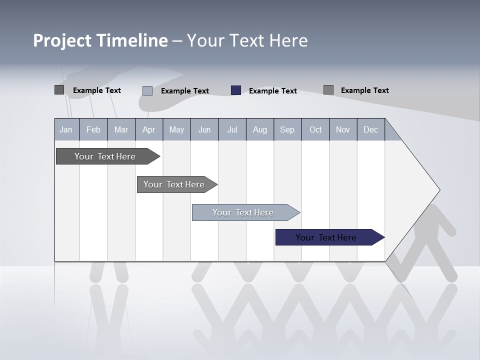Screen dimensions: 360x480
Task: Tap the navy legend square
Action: pyautogui.click(x=236, y=90)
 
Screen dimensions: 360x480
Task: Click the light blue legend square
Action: pyautogui.click(x=147, y=90)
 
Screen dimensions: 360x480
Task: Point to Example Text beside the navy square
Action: pyautogui.click(x=272, y=91)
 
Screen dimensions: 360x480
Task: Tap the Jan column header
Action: pyautogui.click(x=66, y=130)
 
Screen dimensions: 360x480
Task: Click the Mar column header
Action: pyautogui.click(x=121, y=130)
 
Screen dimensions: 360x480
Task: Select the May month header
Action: pyautogui.click(x=176, y=130)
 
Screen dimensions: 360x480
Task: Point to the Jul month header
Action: pyautogui.click(x=232, y=130)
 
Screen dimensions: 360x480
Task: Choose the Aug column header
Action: pyautogui.click(x=260, y=130)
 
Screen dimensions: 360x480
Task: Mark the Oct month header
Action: pyautogui.click(x=315, y=130)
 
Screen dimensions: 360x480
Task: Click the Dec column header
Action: pyautogui.click(x=370, y=130)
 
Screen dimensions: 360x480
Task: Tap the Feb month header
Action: pyautogui.click(x=93, y=130)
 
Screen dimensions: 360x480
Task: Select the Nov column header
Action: pyautogui.click(x=343, y=130)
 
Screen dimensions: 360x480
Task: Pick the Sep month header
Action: pyautogui.click(x=287, y=130)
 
